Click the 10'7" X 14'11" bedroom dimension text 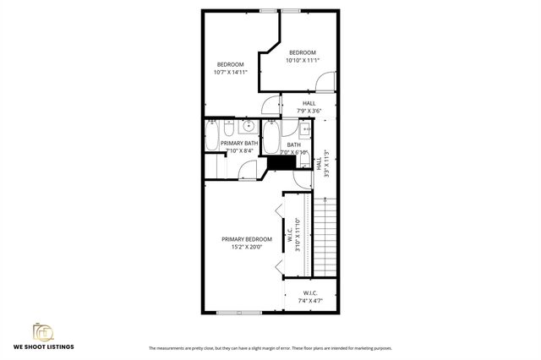coord(231,73)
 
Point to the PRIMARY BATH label coord(239,144)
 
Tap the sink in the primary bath coord(248,128)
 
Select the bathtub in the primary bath coord(211,136)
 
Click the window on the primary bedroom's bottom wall coord(238,313)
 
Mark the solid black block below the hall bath coord(279,162)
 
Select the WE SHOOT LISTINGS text coord(43,347)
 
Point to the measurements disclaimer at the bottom coord(270,348)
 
